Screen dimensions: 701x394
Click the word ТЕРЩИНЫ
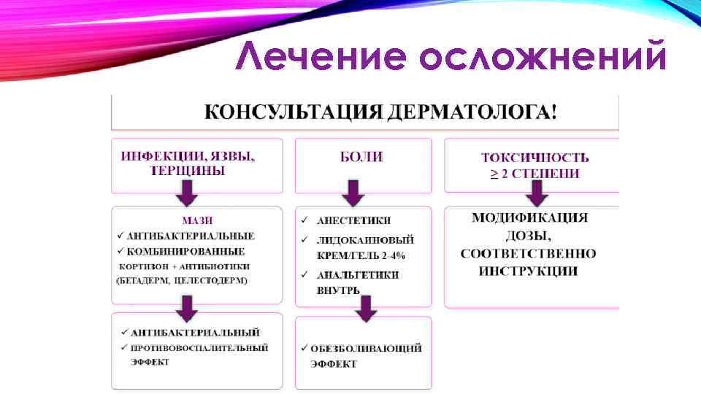point(188,171)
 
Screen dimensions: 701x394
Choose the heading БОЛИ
point(363,156)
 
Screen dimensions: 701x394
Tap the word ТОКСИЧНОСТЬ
point(535,157)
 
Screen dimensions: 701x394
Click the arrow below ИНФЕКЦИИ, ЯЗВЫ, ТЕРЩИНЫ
point(187,193)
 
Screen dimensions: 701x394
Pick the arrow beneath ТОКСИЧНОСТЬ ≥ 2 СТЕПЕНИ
point(536,193)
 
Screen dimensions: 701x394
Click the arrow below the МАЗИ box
point(187,308)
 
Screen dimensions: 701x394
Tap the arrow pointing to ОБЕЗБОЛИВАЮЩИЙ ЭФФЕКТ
point(366,309)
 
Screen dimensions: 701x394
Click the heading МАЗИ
point(199,220)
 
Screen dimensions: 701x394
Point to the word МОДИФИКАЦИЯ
point(530,217)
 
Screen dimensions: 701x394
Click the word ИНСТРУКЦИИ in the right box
point(528,271)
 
